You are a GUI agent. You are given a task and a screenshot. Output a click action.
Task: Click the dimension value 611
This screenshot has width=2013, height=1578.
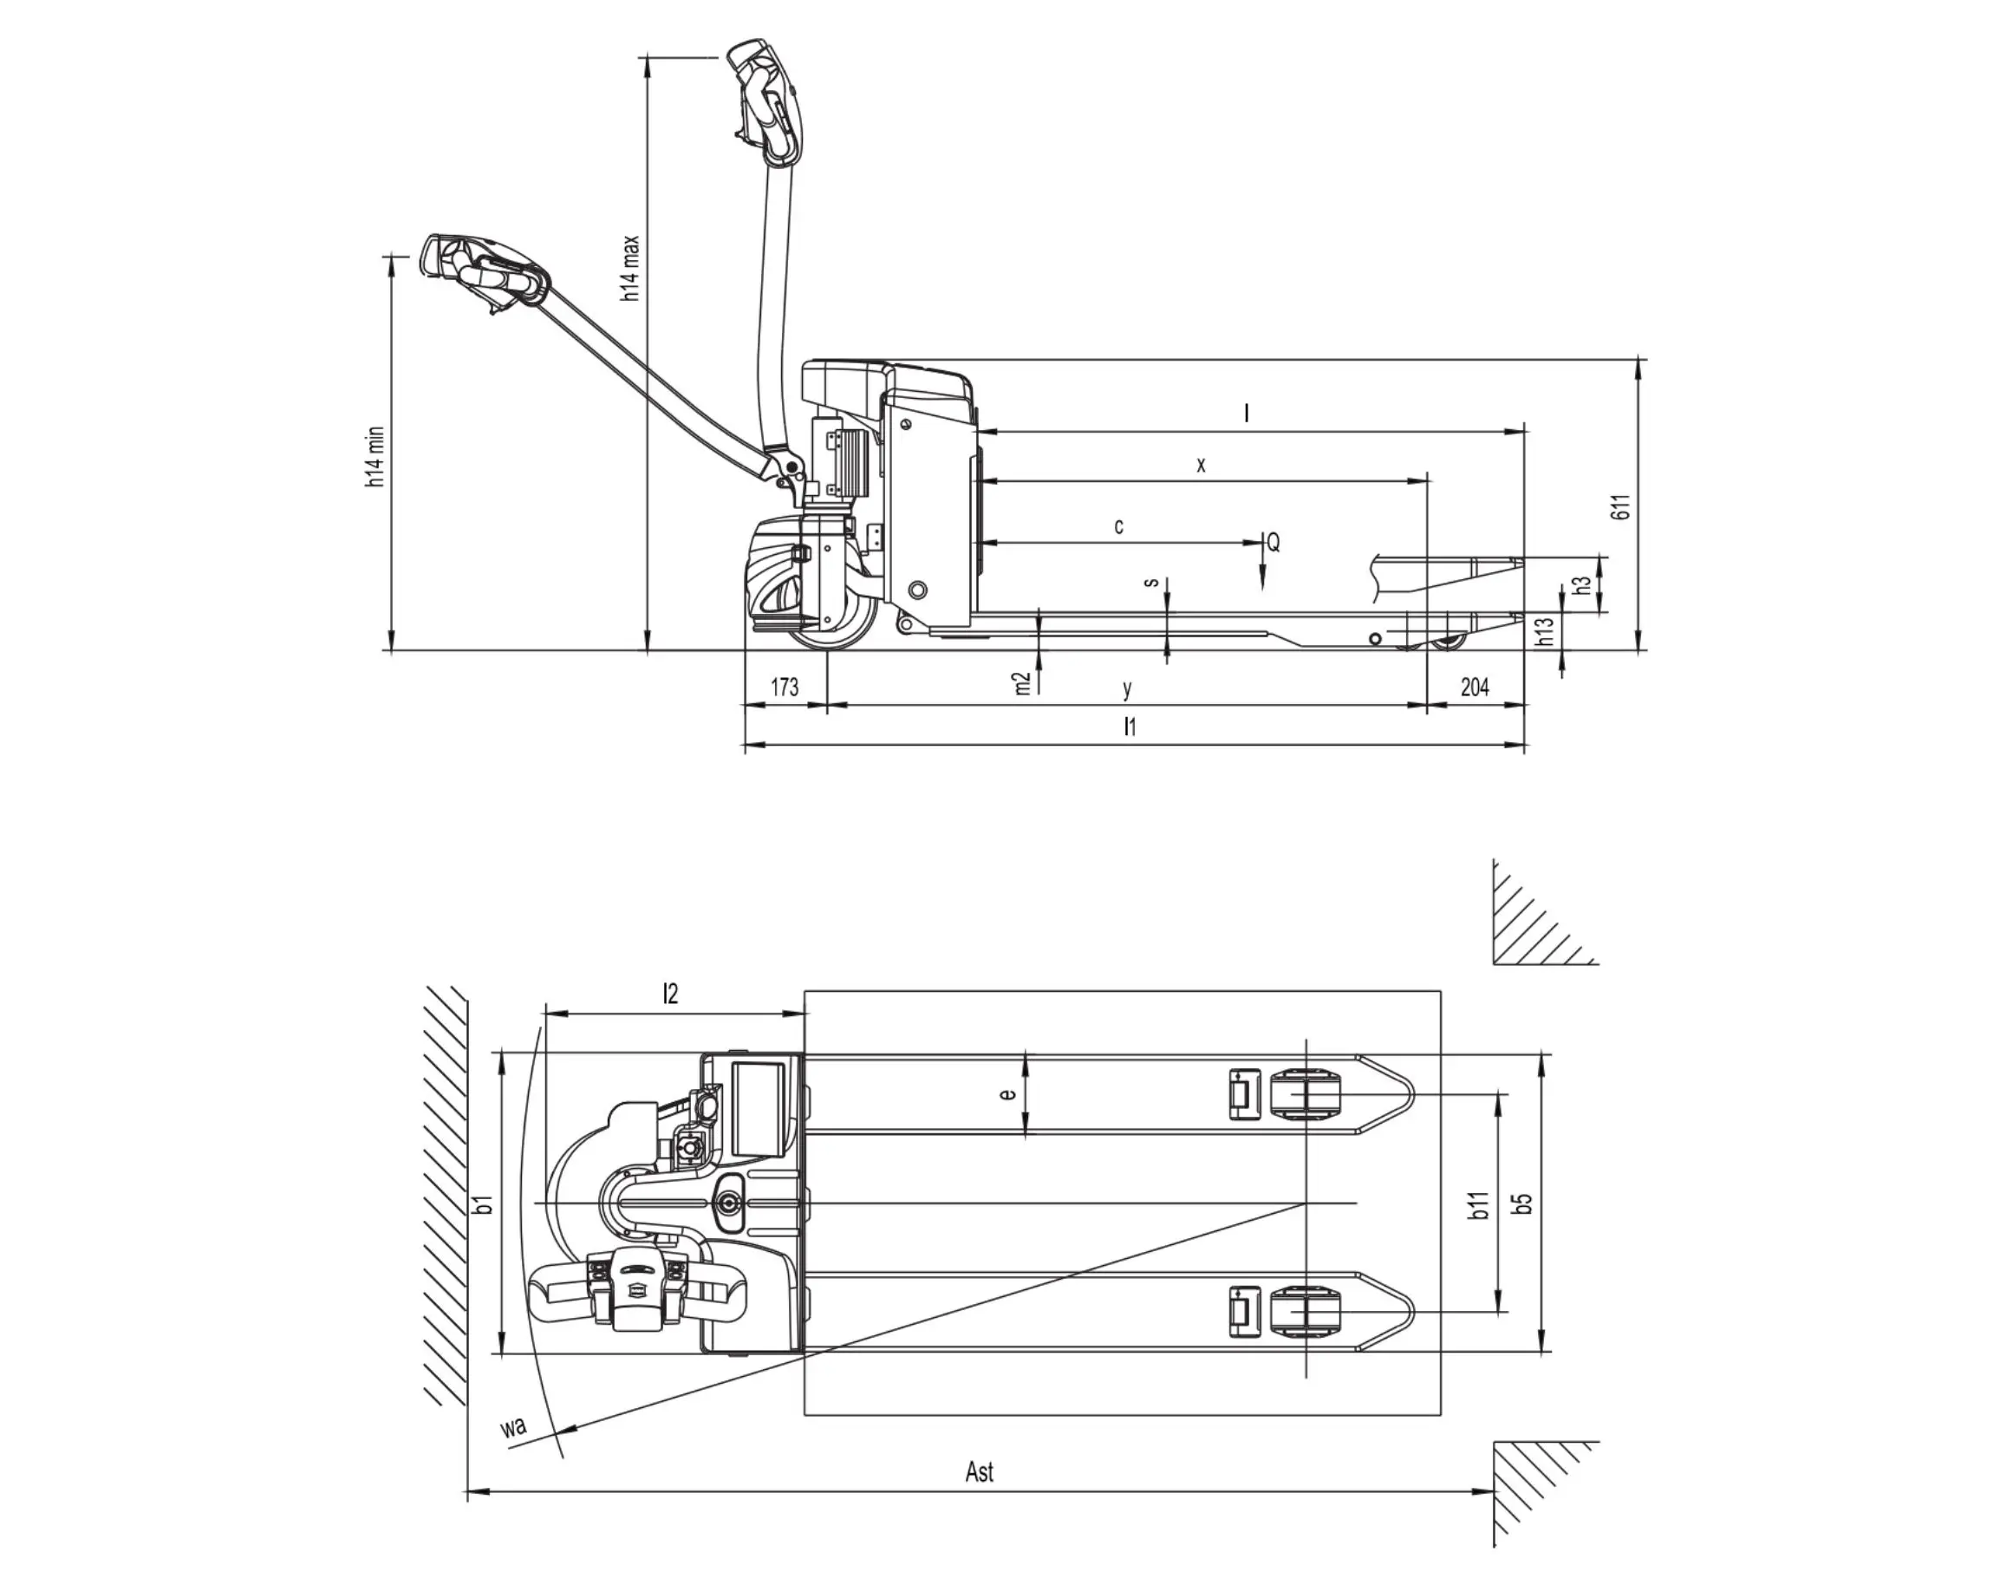pyautogui.click(x=1620, y=505)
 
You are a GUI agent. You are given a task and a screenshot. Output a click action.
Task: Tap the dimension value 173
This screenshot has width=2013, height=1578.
pyautogui.click(x=785, y=688)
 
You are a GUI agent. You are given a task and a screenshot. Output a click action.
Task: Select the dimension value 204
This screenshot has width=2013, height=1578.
pyautogui.click(x=1475, y=688)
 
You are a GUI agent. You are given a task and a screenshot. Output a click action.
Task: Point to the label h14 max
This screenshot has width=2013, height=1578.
pyautogui.click(x=631, y=269)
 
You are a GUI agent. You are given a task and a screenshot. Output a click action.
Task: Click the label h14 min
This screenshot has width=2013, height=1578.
pyautogui.click(x=375, y=456)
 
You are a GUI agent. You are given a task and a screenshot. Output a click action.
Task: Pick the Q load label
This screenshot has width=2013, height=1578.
pyautogui.click(x=1273, y=542)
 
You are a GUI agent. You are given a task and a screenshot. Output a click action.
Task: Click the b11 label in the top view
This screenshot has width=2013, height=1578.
pyautogui.click(x=1479, y=1205)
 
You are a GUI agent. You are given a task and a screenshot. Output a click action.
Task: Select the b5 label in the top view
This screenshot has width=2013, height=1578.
pyautogui.click(x=1522, y=1203)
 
